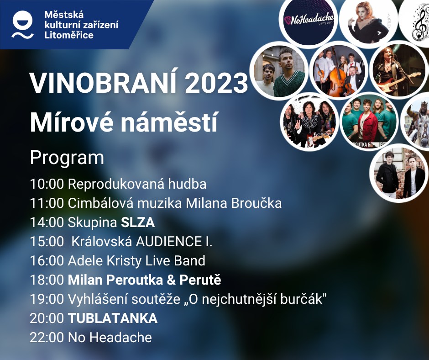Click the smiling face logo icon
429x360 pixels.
point(23,25)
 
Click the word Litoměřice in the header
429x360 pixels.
point(69,35)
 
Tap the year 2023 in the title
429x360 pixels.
point(216,83)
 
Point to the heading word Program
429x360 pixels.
point(67,158)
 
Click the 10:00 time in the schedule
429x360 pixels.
point(47,184)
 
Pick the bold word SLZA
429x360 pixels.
point(138,222)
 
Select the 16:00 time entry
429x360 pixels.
point(47,260)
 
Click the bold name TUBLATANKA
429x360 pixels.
point(112,318)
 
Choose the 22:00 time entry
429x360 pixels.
point(47,337)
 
